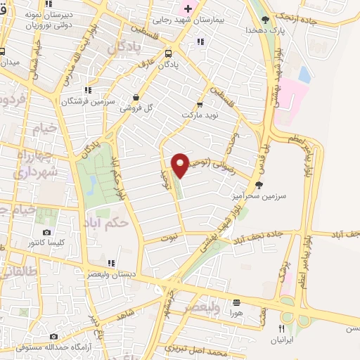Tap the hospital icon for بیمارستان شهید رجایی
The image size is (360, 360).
point(186,8)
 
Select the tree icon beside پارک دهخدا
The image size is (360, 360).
point(265,20)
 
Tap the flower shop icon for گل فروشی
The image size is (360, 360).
point(137,98)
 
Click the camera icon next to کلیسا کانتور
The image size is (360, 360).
point(46,233)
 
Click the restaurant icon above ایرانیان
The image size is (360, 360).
point(282,328)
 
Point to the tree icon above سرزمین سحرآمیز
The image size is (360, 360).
point(259,185)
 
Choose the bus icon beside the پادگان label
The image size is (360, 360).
point(167,53)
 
